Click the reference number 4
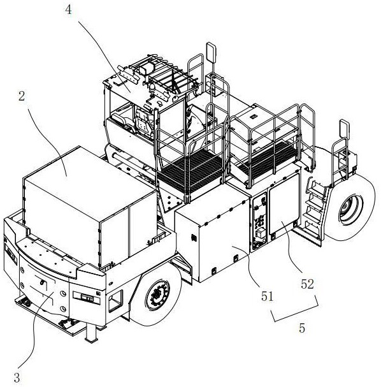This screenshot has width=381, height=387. [68, 10]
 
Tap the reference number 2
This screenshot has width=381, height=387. [22, 96]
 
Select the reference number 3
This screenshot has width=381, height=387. [17, 377]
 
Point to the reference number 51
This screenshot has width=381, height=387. [268, 296]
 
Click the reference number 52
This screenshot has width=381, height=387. [307, 284]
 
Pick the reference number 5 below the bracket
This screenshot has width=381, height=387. [302, 328]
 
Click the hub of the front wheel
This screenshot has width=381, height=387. [157, 295]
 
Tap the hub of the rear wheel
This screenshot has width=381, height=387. [350, 210]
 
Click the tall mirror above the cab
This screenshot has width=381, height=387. [211, 52]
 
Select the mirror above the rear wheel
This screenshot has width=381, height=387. [344, 129]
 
